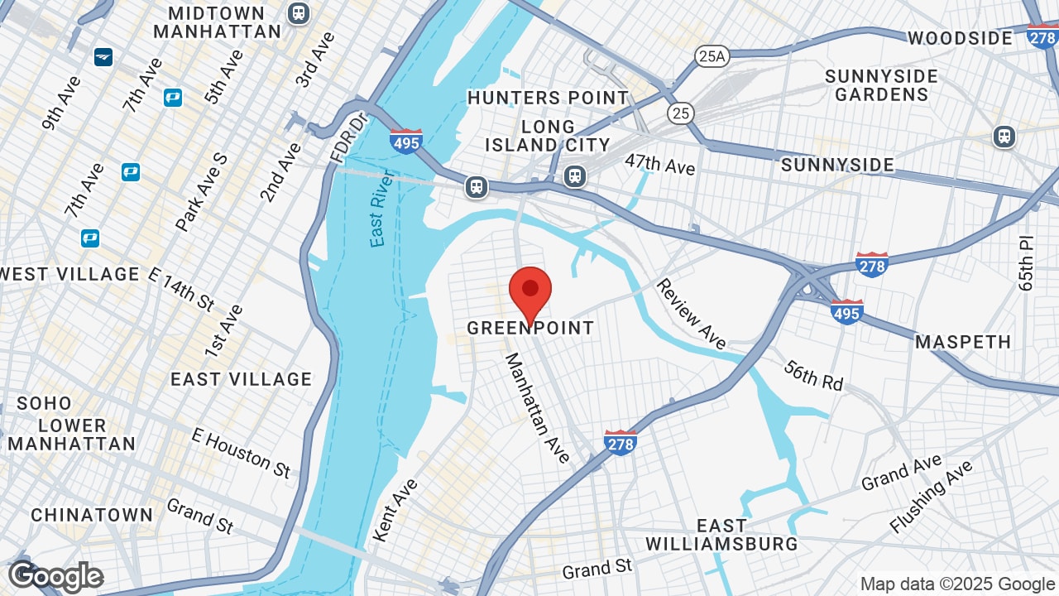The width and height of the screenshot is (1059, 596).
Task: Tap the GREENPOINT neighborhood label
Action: (530, 328)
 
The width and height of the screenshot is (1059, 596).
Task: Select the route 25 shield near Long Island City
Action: (682, 113)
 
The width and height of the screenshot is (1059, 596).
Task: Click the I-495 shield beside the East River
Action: (406, 142)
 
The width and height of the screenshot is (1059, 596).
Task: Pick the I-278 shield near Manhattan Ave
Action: (620, 442)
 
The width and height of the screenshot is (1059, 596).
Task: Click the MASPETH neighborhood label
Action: (963, 342)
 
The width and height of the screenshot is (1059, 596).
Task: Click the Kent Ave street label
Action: (395, 510)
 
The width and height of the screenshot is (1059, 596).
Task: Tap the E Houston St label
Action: (241, 452)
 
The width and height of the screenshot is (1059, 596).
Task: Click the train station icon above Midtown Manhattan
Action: (298, 13)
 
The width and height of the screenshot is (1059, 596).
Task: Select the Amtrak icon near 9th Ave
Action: (103, 57)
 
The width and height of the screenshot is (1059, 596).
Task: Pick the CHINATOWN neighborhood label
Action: (92, 515)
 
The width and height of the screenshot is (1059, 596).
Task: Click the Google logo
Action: (55, 576)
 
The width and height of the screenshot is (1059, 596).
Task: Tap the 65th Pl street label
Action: (1027, 262)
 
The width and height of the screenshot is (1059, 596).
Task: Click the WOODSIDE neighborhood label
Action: (960, 38)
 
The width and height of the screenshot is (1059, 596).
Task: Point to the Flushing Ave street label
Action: (932, 497)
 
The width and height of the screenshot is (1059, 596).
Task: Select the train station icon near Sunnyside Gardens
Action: (1004, 137)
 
